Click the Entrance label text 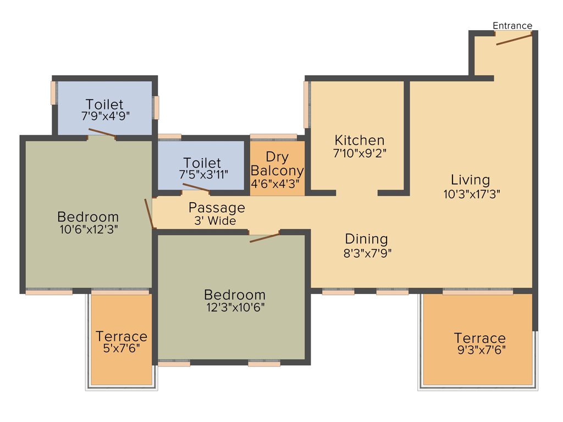point(512,26)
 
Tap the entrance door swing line point(514,38)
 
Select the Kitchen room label point(360,140)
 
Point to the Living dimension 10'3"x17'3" point(471,193)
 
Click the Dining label point(366,239)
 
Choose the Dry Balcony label point(277,164)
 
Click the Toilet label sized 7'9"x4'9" point(104,104)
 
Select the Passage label point(217,208)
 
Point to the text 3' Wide point(215,221)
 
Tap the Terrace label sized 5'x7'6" point(122,336)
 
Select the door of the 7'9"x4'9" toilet point(102,132)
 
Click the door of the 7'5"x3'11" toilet point(196,188)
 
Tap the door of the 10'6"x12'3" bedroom point(148,213)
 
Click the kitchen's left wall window point(307,104)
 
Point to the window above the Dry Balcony point(273,136)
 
